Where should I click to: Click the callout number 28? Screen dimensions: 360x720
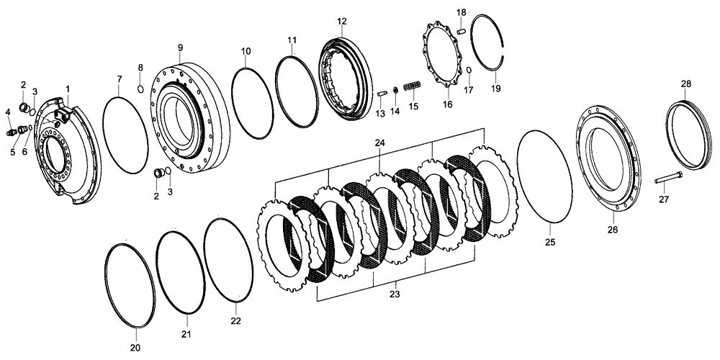[x=686, y=84]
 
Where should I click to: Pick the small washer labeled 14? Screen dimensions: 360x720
[x=395, y=89]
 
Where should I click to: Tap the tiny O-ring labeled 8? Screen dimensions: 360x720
[x=140, y=89]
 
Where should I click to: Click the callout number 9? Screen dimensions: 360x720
[x=180, y=48]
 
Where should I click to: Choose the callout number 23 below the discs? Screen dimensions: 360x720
[x=394, y=294]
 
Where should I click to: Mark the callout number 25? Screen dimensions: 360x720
[x=549, y=243]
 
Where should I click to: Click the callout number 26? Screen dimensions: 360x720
[x=612, y=230]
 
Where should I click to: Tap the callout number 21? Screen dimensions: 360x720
[x=186, y=335]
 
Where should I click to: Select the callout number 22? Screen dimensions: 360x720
[x=236, y=320]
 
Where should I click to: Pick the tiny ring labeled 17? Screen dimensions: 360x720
[x=469, y=70]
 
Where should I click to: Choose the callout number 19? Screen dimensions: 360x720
[x=495, y=88]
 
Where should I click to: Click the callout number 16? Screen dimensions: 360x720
[x=447, y=104]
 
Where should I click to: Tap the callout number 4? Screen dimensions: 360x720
[x=8, y=112]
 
